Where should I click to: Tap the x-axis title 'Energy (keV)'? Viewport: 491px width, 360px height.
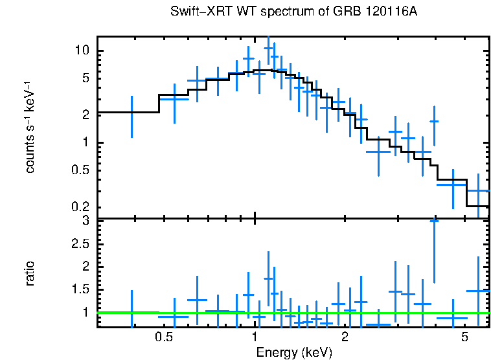pyautogui.click(x=294, y=353)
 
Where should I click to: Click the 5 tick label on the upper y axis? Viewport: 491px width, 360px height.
pyautogui.click(x=84, y=78)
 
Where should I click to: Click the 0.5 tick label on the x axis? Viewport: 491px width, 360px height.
pyautogui.click(x=163, y=337)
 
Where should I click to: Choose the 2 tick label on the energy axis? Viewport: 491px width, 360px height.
pyautogui.click(x=345, y=337)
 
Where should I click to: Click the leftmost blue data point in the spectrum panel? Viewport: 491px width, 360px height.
pyautogui.click(x=131, y=113)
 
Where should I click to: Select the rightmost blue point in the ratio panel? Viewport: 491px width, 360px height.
pyautogui.click(x=478, y=291)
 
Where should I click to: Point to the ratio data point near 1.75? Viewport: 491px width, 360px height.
pyautogui.click(x=269, y=278)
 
